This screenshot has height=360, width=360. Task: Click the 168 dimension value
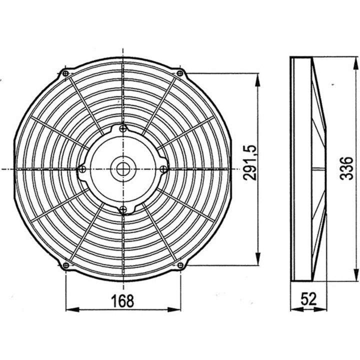123,301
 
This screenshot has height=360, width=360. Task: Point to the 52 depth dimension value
308,299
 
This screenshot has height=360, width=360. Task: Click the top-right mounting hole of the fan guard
179,73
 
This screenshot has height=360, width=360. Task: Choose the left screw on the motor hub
82,169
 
